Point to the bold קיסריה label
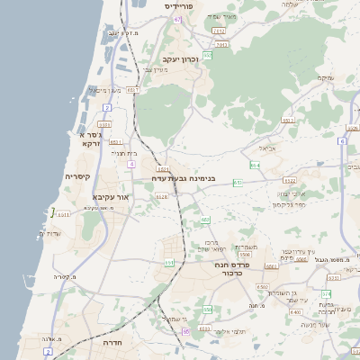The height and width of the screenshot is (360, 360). pos(77,176)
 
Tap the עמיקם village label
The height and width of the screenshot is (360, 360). pos(326,78)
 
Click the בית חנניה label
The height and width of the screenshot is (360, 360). pos(124,153)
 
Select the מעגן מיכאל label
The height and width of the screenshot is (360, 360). pos(105,89)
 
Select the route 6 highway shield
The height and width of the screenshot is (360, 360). pos(343,140)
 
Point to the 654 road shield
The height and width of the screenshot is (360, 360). pos(255,165)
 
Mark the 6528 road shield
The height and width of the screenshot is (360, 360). pos(162,196)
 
